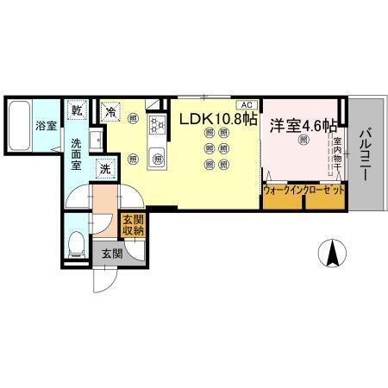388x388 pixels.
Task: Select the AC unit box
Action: point(245,101)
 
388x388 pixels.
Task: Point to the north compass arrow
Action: point(330,254)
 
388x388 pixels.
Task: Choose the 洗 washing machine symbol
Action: point(103,169)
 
